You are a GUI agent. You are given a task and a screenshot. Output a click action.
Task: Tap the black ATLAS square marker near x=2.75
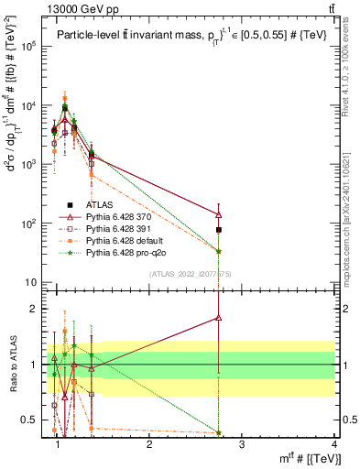click(219, 229)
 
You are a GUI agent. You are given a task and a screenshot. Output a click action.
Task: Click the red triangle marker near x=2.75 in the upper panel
click(219, 214)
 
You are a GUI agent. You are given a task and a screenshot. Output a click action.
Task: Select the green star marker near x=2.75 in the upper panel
click(219, 251)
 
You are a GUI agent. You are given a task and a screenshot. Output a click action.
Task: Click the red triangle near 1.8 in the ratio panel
click(219, 317)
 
